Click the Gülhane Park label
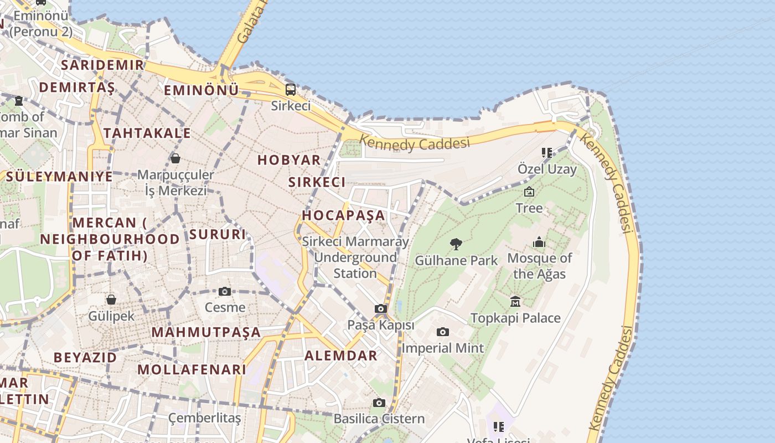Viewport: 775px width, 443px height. click(456, 260)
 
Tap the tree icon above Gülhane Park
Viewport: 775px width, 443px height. click(456, 244)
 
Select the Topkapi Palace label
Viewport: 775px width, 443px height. click(515, 318)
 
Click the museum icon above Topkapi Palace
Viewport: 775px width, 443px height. click(515, 301)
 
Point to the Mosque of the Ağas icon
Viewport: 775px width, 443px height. click(539, 242)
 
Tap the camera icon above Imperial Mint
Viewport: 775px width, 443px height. click(442, 332)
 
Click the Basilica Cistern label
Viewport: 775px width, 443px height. click(379, 419)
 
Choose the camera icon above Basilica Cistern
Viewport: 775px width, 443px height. click(379, 403)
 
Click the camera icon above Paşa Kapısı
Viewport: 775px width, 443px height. click(380, 308)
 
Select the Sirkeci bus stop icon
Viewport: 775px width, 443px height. click(291, 89)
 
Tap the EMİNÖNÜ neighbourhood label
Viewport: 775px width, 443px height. click(201, 90)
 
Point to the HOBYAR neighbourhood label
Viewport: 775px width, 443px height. click(289, 160)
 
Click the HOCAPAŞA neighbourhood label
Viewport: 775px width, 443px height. click(343, 215)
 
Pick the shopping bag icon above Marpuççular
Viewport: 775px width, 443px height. click(175, 158)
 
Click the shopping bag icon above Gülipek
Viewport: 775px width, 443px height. click(111, 300)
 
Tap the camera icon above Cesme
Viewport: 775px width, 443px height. click(224, 291)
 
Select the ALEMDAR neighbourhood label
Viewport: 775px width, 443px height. click(340, 356)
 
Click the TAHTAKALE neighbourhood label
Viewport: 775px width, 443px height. click(147, 133)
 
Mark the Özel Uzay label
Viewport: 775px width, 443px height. click(547, 169)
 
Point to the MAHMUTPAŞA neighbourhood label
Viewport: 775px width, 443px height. click(206, 332)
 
